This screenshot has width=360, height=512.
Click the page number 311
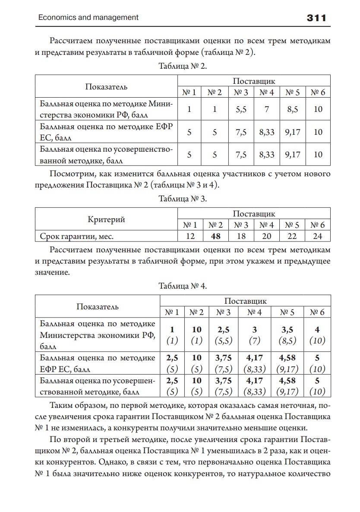(316, 18)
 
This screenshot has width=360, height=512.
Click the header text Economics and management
(88, 18)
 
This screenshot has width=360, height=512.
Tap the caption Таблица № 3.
(183, 199)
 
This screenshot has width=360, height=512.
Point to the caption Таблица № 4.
(183, 286)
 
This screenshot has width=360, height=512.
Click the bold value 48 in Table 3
(215, 236)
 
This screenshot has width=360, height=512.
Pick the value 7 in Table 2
(267, 110)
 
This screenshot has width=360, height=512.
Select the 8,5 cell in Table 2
(292, 110)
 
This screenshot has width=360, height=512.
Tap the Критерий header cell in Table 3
(106, 219)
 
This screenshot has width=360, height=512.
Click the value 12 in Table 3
(190, 236)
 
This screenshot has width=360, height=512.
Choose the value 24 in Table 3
(318, 236)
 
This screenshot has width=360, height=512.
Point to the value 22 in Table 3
(292, 236)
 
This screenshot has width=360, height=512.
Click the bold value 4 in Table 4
(317, 330)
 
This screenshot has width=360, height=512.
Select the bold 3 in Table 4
(254, 330)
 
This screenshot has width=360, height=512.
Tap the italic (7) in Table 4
(254, 340)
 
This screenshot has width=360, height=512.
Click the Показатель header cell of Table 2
(106, 87)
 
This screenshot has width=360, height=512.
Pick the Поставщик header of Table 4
(245, 301)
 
